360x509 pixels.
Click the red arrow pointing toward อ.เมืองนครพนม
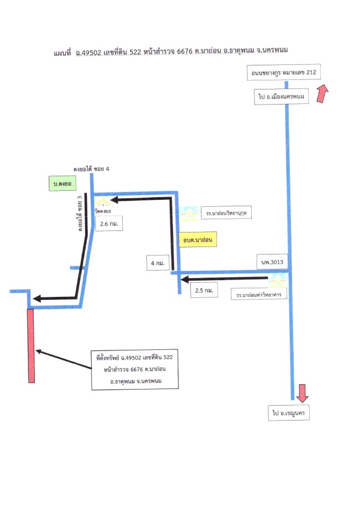322,93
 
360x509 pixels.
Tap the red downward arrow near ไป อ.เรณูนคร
302,393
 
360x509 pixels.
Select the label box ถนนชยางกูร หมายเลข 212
284,72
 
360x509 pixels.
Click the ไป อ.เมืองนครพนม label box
281,96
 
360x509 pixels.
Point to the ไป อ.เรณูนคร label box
289,413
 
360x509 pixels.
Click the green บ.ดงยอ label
62,183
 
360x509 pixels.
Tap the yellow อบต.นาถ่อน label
198,239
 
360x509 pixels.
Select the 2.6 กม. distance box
109,223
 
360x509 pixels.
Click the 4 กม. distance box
157,263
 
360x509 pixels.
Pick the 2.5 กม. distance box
204,290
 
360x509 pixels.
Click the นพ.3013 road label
272,261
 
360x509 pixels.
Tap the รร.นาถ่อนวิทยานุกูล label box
226,213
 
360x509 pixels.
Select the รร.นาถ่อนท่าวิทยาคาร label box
259,295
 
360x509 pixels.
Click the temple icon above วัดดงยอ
103,202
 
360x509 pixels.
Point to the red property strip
31,346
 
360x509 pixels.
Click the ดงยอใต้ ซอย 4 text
91,169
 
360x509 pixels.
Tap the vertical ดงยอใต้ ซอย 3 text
80,213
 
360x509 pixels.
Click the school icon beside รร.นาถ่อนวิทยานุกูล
190,213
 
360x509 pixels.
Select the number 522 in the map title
135,52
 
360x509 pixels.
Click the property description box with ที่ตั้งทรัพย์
135,369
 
